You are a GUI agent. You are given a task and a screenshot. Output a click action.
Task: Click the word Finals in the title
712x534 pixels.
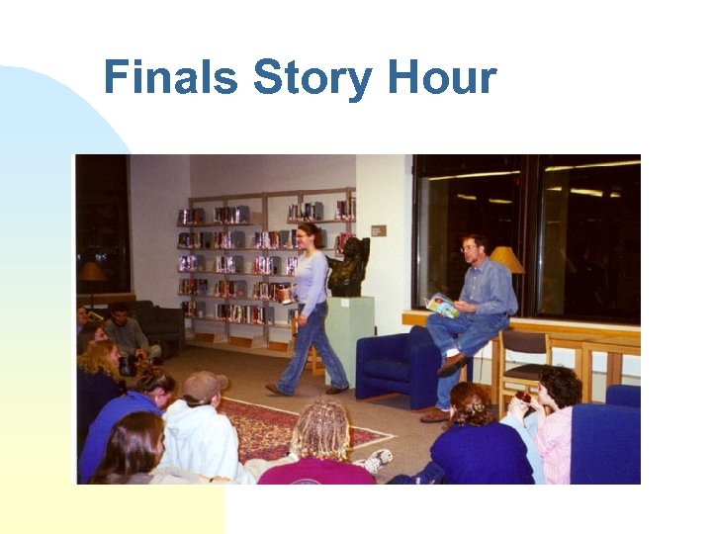tap(171, 77)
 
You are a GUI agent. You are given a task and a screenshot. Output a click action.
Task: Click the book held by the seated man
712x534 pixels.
tap(442, 306)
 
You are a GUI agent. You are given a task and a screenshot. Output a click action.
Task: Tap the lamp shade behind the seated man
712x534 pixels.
tap(507, 259)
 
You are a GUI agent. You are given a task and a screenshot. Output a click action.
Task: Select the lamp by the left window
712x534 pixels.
tap(93, 271)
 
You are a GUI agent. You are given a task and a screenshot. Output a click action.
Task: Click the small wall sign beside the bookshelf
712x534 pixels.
tap(377, 230)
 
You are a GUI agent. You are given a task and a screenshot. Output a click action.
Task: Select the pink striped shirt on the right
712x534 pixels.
tap(554, 444)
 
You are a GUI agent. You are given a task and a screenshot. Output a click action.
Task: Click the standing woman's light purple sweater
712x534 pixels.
tap(312, 281)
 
